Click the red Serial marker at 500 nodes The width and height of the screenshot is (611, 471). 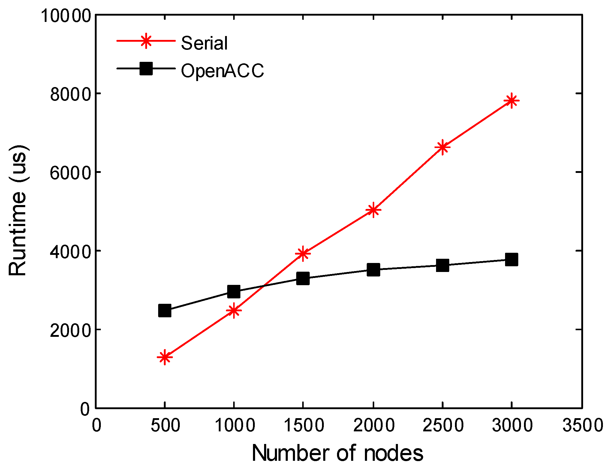coord(164,357)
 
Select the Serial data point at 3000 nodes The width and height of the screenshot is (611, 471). coord(511,101)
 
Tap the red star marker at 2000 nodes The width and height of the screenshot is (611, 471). coord(373,210)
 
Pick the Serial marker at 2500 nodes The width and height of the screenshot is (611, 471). coord(442,147)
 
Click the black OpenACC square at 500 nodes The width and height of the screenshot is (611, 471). coord(164,311)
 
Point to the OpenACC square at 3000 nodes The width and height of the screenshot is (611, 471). coord(511,260)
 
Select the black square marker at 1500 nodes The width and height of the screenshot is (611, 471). coord(303,278)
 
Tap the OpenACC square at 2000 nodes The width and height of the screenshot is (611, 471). coord(373,270)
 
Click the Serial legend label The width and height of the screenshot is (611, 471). coord(204,43)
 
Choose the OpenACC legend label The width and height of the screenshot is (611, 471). coord(222,71)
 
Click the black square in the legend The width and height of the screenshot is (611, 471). coord(146,68)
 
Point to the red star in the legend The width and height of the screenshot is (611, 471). coord(146,41)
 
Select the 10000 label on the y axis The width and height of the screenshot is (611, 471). coord(66,16)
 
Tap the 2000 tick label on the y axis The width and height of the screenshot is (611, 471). coord(70,331)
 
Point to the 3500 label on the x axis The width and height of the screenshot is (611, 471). coord(582,425)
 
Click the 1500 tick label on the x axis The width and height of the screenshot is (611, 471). coord(303,425)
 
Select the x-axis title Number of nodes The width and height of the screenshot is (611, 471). coord(338,453)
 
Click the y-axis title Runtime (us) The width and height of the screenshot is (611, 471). coord(18,210)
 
